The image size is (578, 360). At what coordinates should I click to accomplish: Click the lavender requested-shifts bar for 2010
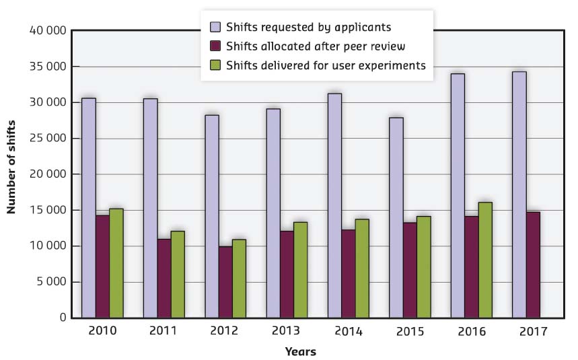pos(89,208)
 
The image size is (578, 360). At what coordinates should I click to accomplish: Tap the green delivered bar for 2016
pos(485,260)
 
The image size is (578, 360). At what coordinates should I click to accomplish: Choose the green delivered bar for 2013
pos(300,270)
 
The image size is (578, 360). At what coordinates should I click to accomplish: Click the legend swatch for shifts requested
pos(215,28)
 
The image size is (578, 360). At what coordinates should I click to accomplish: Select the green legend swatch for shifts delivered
pos(215,65)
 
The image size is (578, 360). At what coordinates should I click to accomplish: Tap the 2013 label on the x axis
pos(287,332)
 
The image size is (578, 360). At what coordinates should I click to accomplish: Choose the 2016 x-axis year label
pos(471,332)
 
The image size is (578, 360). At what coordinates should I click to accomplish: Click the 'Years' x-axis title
pos(300,351)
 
